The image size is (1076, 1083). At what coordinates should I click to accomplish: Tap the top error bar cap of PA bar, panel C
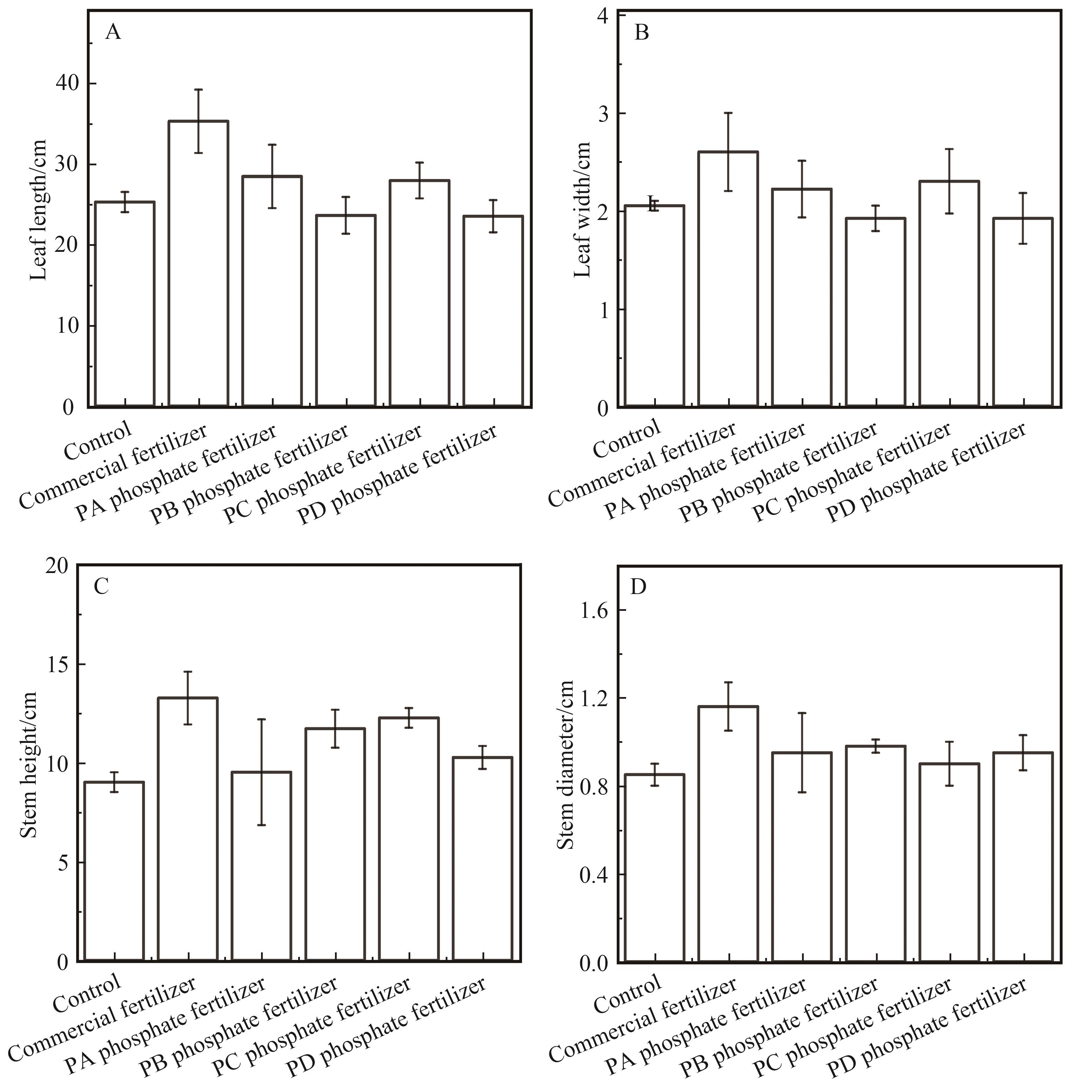coord(261,719)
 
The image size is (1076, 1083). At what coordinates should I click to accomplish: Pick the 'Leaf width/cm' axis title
coord(583,210)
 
